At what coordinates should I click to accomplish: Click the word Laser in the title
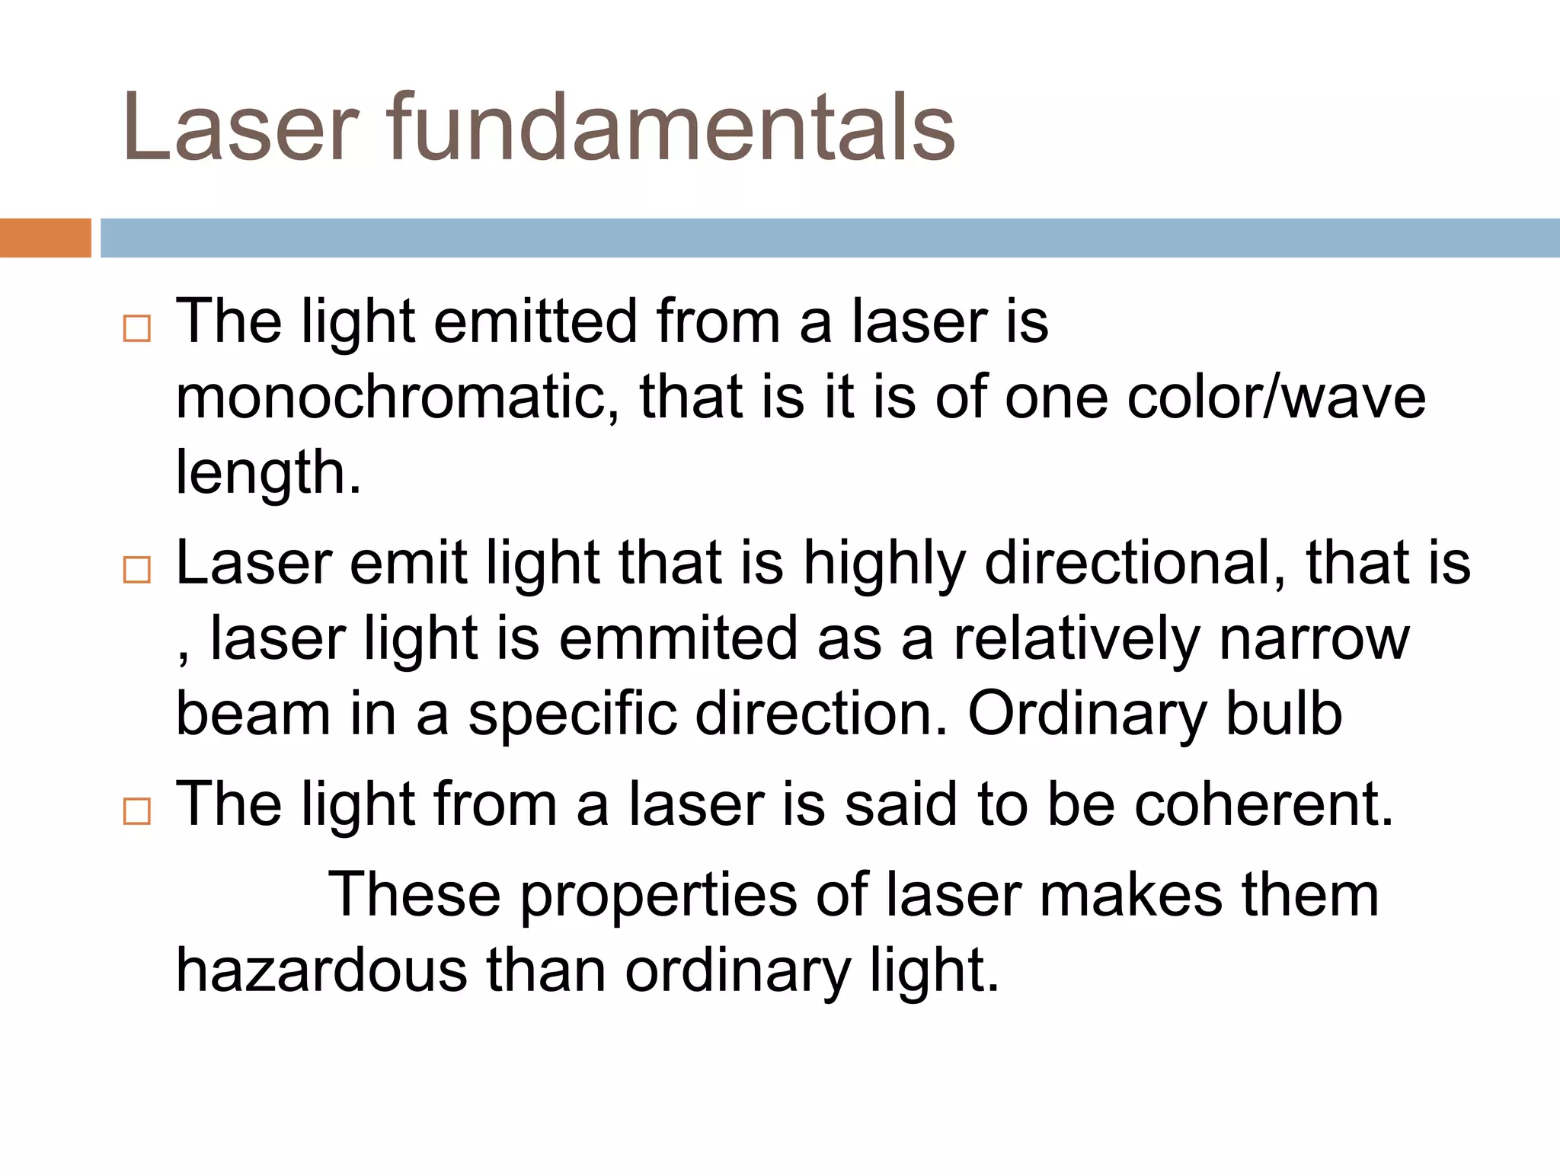tap(241, 128)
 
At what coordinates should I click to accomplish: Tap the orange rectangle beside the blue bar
tap(45, 238)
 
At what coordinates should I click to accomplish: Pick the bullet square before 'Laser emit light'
tap(137, 570)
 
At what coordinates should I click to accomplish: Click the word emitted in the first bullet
tap(535, 321)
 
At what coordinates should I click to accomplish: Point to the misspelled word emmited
tap(679, 638)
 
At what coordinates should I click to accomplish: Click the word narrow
tap(1315, 638)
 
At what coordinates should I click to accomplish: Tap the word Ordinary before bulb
tap(1086, 714)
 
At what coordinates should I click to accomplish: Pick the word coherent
tap(1264, 804)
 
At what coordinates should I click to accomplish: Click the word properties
tap(659, 896)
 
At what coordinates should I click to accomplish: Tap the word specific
tap(572, 714)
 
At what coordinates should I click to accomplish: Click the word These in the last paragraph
tap(414, 894)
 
